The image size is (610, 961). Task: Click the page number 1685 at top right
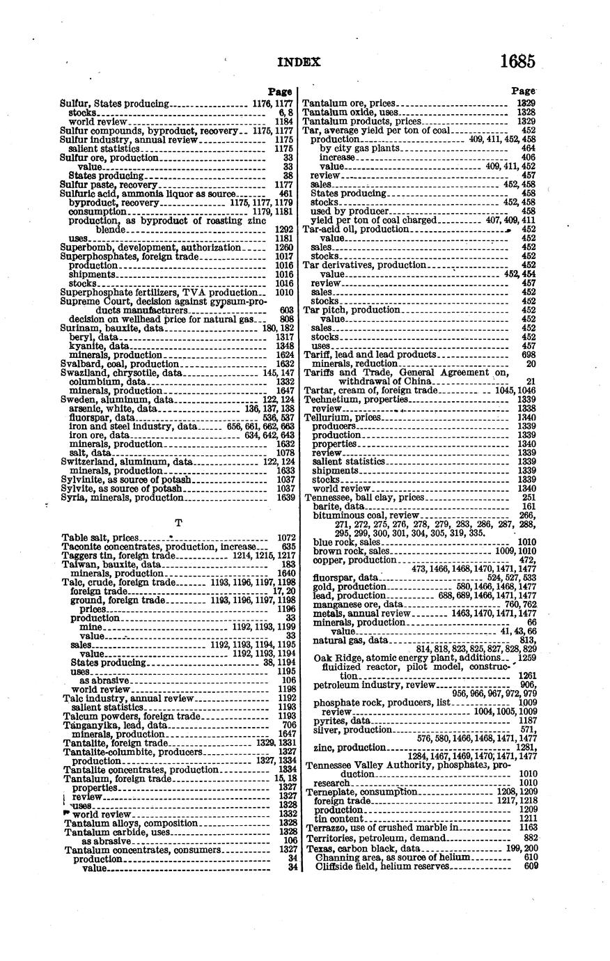point(517,61)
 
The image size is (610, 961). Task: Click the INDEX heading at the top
point(299,62)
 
